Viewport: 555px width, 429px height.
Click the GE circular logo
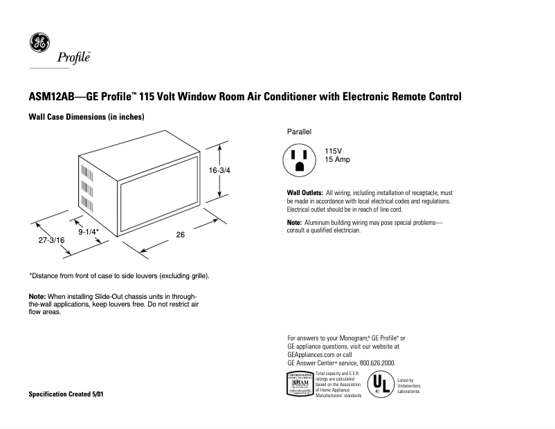pyautogui.click(x=39, y=43)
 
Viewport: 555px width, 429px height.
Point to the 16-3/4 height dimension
pyautogui.click(x=219, y=170)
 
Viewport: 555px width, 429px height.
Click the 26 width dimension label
pyautogui.click(x=181, y=235)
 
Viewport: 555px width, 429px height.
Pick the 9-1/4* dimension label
pyautogui.click(x=89, y=232)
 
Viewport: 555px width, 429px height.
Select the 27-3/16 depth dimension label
pyautogui.click(x=52, y=240)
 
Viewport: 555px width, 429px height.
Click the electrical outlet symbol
pyautogui.click(x=299, y=160)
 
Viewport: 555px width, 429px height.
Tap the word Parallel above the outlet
pyautogui.click(x=300, y=131)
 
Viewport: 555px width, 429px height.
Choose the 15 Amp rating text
pyautogui.click(x=338, y=160)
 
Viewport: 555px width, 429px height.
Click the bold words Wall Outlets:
pyautogui.click(x=304, y=192)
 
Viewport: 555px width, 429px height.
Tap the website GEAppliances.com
pyautogui.click(x=310, y=354)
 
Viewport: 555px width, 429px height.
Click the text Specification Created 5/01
pyautogui.click(x=68, y=394)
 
